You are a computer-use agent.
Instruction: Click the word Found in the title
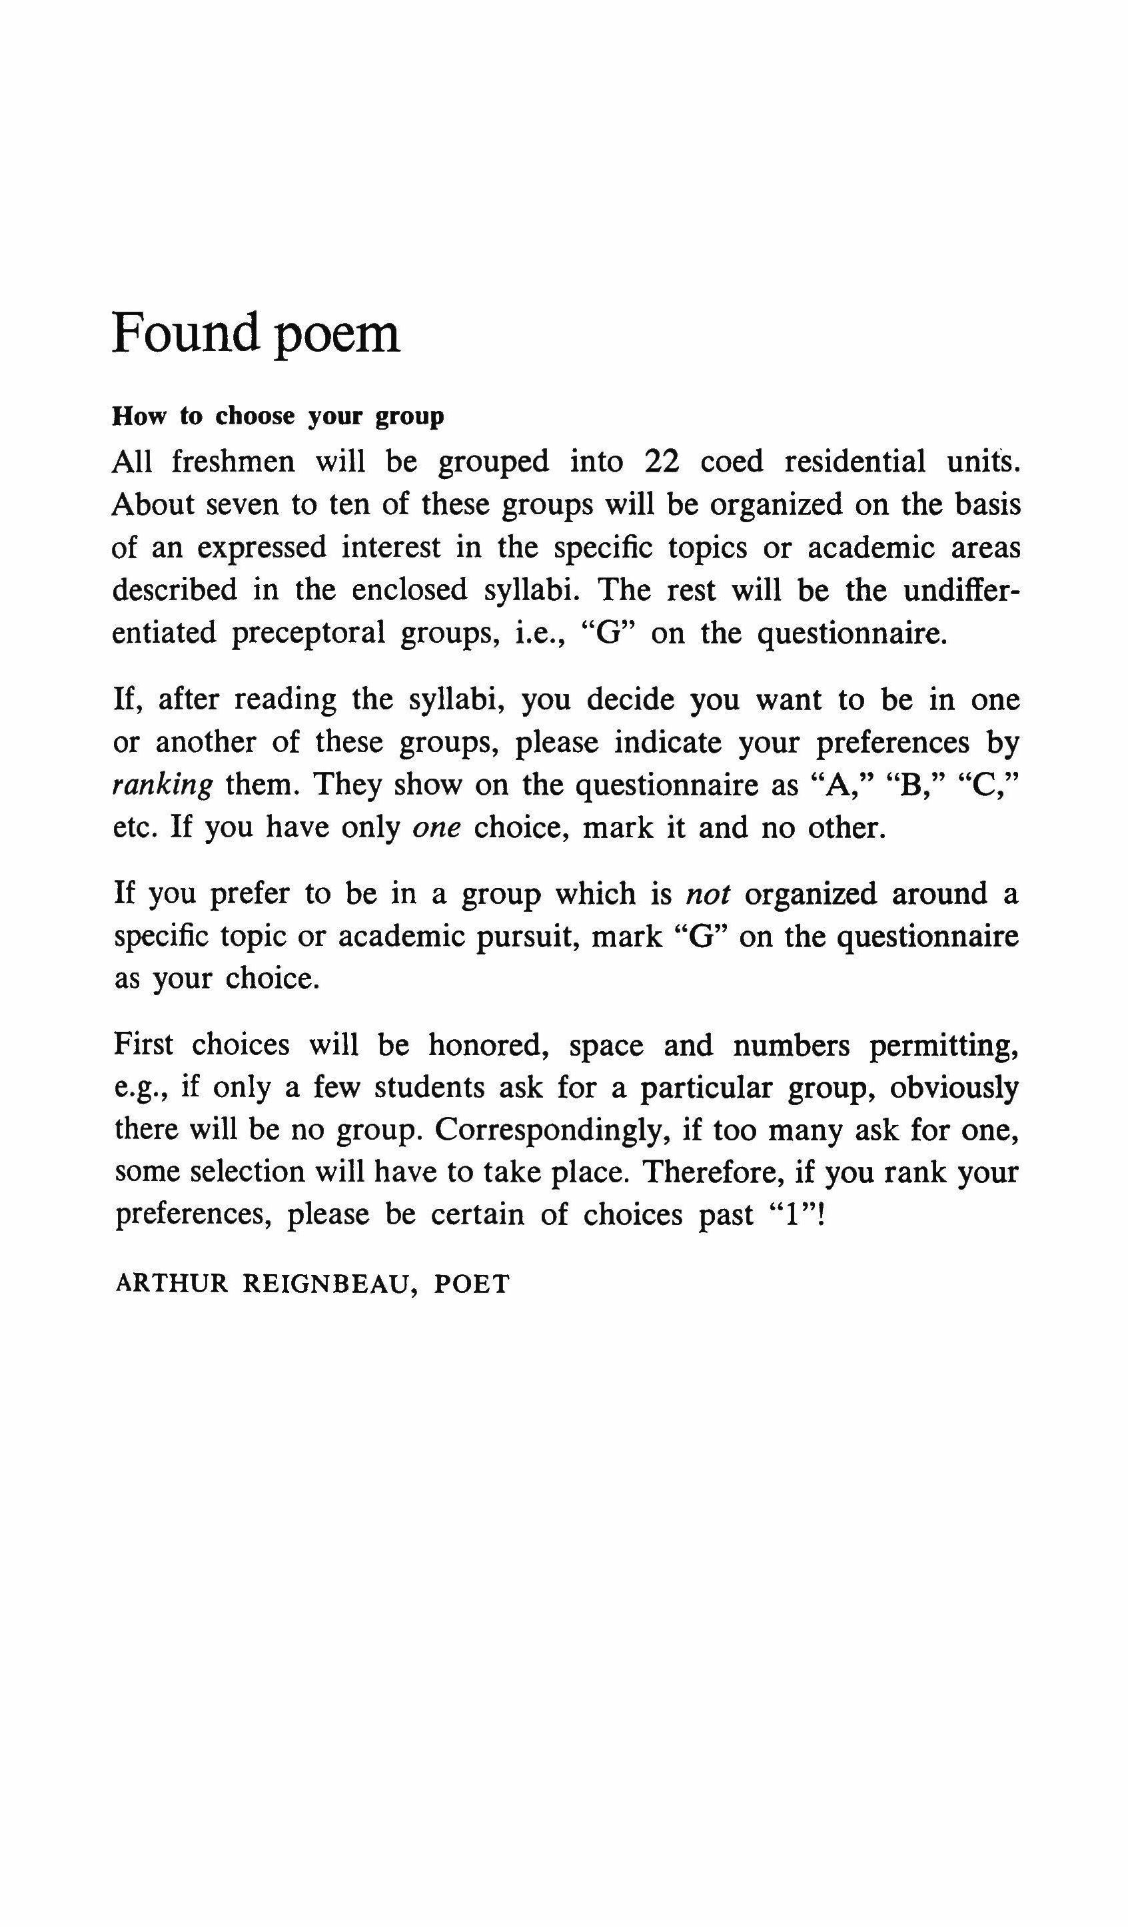tap(186, 334)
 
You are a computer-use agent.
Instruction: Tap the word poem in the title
tap(336, 336)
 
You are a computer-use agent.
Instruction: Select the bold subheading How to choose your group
tap(278, 417)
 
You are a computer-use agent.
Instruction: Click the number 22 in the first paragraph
tap(662, 462)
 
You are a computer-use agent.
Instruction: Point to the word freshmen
tap(233, 462)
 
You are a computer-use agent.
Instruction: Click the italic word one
tap(436, 829)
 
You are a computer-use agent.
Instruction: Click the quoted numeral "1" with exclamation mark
tap(799, 1214)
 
